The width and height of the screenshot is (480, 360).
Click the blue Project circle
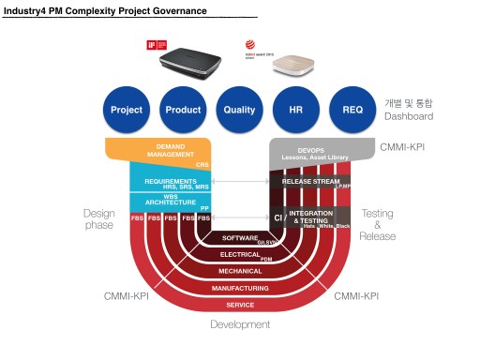coord(127,111)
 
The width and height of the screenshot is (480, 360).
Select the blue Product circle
coord(183,111)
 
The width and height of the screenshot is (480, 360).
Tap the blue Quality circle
coord(240,111)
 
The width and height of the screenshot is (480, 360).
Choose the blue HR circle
coord(296,111)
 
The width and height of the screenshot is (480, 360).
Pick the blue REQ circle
coord(352,111)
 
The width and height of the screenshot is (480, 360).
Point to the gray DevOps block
coord(310,153)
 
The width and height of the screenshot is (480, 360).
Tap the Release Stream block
coord(310,181)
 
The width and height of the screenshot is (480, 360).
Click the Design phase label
coord(98,218)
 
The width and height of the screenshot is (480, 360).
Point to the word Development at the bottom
coord(240,324)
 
